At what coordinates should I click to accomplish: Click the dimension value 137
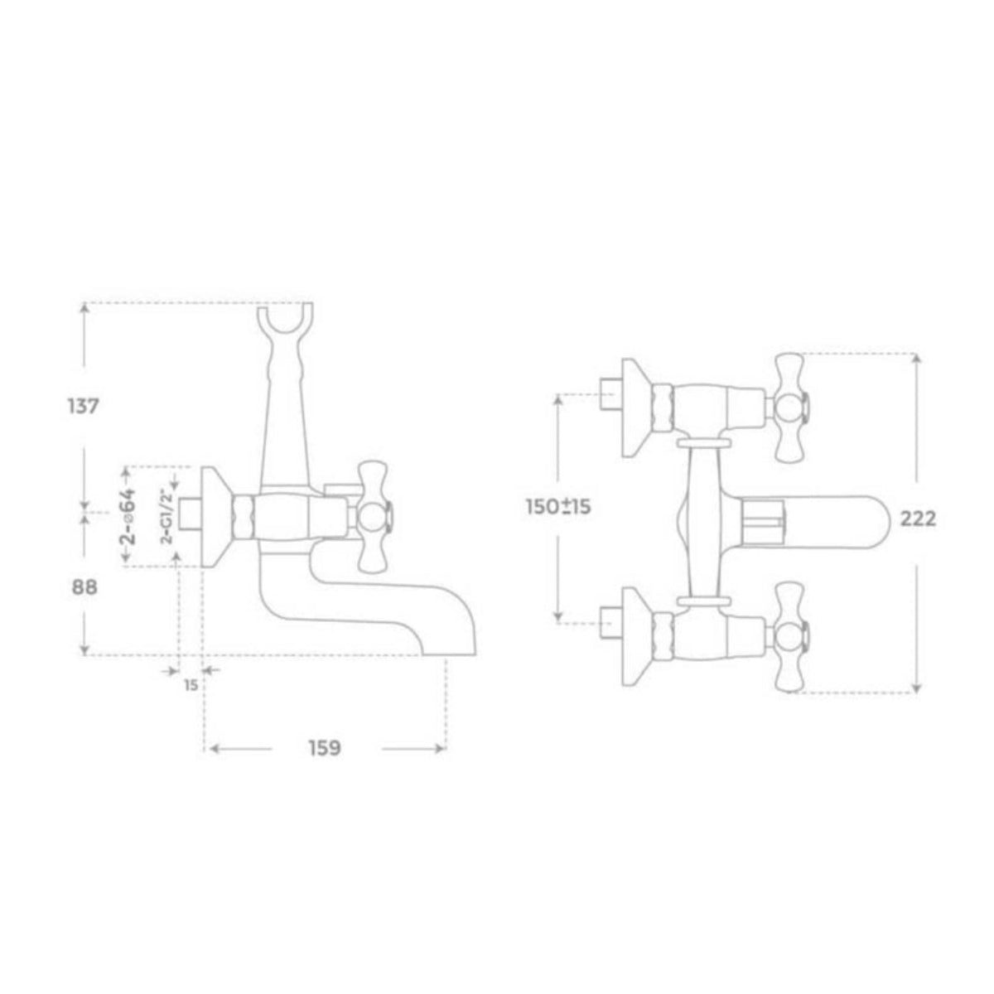pyautogui.click(x=83, y=407)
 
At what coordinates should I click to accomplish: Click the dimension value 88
pyautogui.click(x=84, y=587)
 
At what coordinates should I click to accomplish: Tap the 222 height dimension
pyautogui.click(x=918, y=519)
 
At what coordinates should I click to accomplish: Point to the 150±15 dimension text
pyautogui.click(x=558, y=507)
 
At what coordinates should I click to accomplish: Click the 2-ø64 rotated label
pyautogui.click(x=129, y=516)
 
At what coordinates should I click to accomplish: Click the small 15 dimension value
pyautogui.click(x=191, y=686)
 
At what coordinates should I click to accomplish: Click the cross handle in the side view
pyautogui.click(x=374, y=517)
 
